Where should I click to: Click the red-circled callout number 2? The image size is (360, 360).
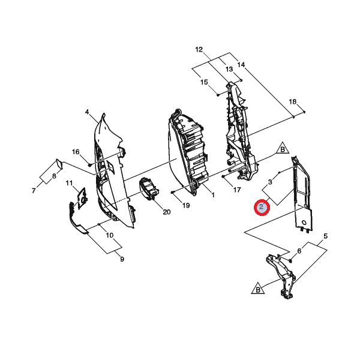click(x=262, y=208)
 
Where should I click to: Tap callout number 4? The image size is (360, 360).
click(x=87, y=112)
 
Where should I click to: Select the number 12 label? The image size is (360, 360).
click(x=199, y=49)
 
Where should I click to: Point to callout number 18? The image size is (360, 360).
click(x=293, y=101)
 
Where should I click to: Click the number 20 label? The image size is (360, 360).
click(x=167, y=212)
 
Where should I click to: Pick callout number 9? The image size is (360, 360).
click(x=122, y=259)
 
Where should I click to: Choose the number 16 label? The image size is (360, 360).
click(x=76, y=152)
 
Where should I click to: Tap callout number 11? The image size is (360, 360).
click(x=69, y=183)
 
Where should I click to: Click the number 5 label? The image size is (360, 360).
click(x=325, y=236)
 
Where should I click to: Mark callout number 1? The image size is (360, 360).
click(x=213, y=195)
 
